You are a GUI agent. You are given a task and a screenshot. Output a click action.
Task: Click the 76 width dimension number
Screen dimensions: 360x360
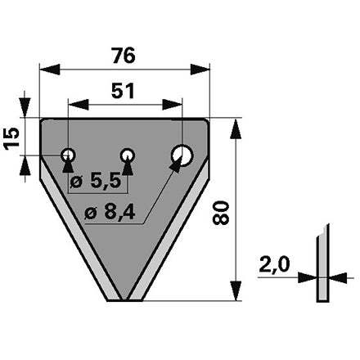tap(124, 56)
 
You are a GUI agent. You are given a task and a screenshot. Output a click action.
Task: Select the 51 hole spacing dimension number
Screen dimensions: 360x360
tap(123, 91)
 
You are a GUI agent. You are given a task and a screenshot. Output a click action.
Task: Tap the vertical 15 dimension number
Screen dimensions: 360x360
tap(12, 138)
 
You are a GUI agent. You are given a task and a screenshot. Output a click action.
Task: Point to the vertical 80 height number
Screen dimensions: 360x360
tap(220, 213)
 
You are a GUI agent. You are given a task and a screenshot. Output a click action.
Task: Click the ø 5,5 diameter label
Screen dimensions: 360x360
tap(95, 181)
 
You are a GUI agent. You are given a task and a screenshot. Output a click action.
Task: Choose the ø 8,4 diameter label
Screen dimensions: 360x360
tap(110, 213)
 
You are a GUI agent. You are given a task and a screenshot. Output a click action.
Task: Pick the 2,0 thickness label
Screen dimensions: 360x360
tap(274, 264)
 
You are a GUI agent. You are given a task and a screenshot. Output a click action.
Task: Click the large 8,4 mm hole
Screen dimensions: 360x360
tap(182, 155)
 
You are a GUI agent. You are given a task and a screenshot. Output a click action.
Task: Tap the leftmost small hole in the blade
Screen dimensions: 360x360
tap(68, 155)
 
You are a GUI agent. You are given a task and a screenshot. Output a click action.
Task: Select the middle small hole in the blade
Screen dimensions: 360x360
tap(128, 155)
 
